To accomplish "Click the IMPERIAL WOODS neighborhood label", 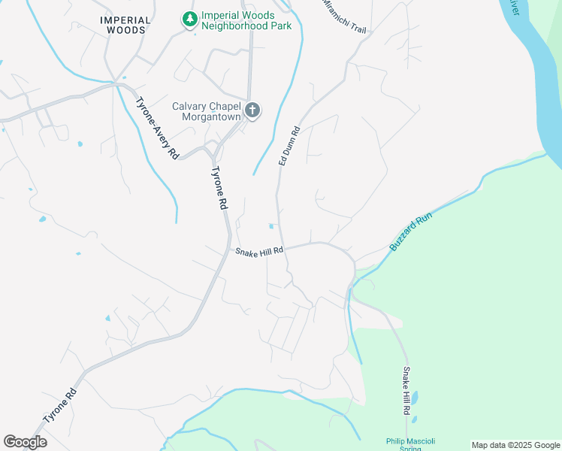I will pyautogui.click(x=126, y=25).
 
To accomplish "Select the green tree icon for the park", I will pyautogui.click(x=190, y=18).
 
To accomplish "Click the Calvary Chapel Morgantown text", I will pyautogui.click(x=206, y=111).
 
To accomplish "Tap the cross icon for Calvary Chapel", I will pyautogui.click(x=253, y=111).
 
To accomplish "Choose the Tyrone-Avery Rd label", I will pyautogui.click(x=157, y=128).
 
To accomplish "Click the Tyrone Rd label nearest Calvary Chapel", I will pyautogui.click(x=217, y=187).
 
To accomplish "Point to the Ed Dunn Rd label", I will pyautogui.click(x=289, y=145).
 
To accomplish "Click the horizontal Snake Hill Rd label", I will pyautogui.click(x=258, y=252).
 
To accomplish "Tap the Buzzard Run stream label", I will pyautogui.click(x=412, y=232).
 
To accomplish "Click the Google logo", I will pyautogui.click(x=25, y=442).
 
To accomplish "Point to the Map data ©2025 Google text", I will pyautogui.click(x=515, y=445).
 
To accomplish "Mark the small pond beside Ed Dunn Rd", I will pyautogui.click(x=271, y=225).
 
